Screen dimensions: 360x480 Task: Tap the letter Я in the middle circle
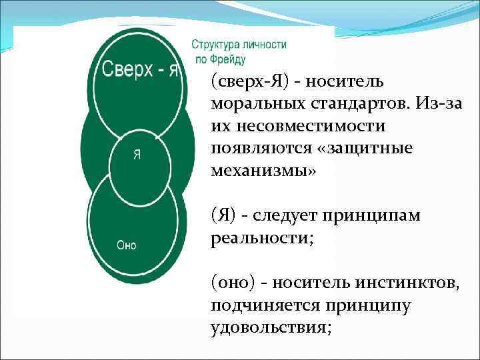pos(136,154)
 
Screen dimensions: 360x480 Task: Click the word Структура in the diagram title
pos(215,45)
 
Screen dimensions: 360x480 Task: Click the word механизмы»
pos(265,169)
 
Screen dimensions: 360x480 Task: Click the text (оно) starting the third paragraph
pos(232,284)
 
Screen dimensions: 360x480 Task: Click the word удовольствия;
pos(271,327)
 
